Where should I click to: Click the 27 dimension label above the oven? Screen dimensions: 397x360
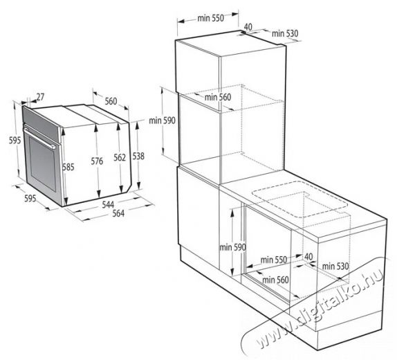(x=40, y=97)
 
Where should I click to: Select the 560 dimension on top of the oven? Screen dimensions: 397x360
(x=111, y=101)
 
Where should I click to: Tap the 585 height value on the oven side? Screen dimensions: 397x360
(x=68, y=167)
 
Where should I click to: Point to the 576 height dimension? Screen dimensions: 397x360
(x=97, y=161)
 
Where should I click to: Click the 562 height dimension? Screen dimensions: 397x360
(x=120, y=157)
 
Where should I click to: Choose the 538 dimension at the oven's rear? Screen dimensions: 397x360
(x=138, y=156)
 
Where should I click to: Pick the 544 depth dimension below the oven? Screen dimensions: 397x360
(x=108, y=204)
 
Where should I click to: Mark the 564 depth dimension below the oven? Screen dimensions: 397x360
(x=118, y=213)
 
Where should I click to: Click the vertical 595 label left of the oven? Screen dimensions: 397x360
(x=15, y=140)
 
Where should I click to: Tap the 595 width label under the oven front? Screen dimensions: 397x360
(x=30, y=198)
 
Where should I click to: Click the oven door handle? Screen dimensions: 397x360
(x=40, y=137)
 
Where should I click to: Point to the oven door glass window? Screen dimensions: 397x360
(x=42, y=164)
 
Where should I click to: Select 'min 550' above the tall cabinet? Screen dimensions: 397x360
(x=211, y=18)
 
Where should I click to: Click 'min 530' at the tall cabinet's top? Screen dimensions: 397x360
(x=285, y=33)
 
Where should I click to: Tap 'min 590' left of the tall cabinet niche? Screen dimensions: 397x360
(x=162, y=120)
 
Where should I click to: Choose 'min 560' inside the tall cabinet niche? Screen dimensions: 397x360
(x=218, y=97)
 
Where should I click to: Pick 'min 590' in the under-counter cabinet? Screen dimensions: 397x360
(x=232, y=247)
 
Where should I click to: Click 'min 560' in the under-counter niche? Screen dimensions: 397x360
(x=275, y=280)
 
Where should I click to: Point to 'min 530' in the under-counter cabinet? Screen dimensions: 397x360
(x=335, y=266)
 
